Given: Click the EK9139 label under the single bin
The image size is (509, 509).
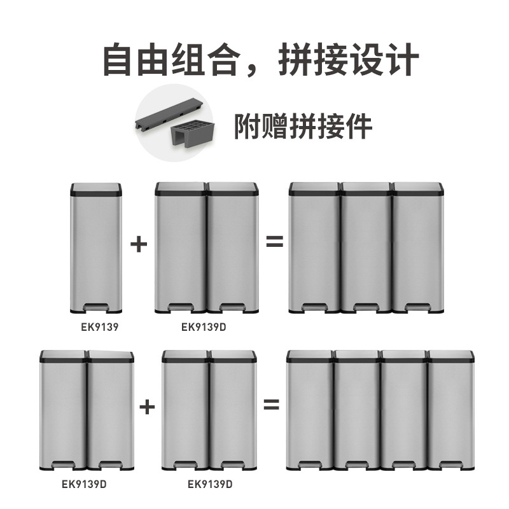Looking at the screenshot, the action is pos(95,329).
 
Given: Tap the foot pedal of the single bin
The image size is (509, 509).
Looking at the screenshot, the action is pos(95,308).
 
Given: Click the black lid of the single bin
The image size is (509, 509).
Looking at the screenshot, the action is pos(95,188).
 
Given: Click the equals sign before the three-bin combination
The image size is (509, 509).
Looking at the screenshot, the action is pos(274,242).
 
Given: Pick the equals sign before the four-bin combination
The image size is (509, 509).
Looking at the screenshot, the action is pos(272,405).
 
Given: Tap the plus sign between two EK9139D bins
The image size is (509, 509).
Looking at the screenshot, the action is pos(148,405).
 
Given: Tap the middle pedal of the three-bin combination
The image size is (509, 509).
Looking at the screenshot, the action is pos(366,309).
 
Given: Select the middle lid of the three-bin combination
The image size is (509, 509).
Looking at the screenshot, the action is pos(366,188).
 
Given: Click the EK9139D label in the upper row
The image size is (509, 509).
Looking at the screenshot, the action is pos(207,329).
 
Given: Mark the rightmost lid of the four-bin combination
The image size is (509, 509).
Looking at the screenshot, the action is pos(450,356).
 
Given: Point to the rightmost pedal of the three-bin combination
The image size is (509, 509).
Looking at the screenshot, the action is pos(417,309).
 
